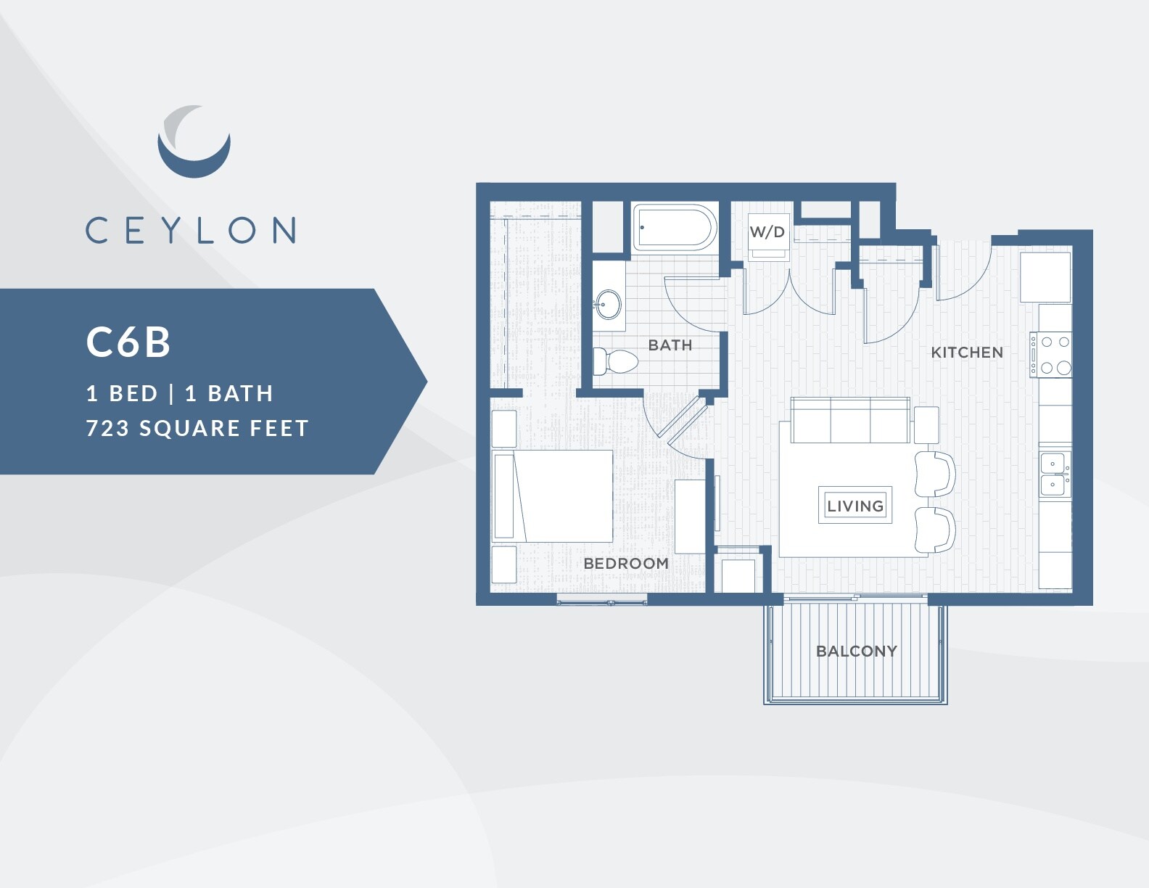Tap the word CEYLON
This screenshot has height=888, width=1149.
(x=191, y=230)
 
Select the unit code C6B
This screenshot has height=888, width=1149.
(x=128, y=342)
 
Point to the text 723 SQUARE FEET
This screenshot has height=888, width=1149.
(x=197, y=428)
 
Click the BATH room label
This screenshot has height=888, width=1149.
(x=670, y=345)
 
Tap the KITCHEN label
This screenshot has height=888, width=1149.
(x=967, y=353)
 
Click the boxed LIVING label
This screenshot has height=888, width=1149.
(x=855, y=506)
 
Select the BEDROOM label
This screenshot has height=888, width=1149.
(x=626, y=563)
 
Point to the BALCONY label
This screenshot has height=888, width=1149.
(x=857, y=651)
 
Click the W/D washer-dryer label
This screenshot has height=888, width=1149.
(x=767, y=232)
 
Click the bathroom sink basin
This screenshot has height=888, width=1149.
(x=609, y=305)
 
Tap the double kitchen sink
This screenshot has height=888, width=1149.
(x=1054, y=473)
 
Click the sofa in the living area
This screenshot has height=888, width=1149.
(x=849, y=421)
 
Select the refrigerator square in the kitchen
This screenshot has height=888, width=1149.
(x=1045, y=277)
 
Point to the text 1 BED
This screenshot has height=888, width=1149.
(x=122, y=393)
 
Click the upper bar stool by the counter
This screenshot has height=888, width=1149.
(x=934, y=474)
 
